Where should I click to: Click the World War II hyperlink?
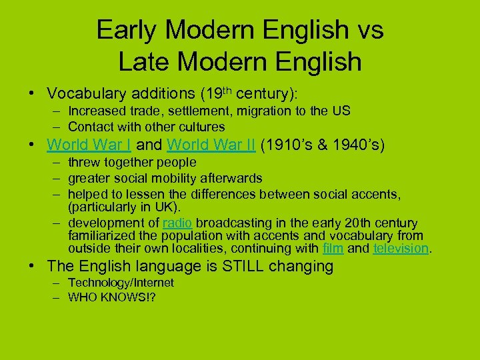coord(211,145)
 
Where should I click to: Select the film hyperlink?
coord(333,249)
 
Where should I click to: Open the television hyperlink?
coord(401,249)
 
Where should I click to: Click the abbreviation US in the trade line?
coord(341,111)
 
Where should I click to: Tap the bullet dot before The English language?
coord(33,266)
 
